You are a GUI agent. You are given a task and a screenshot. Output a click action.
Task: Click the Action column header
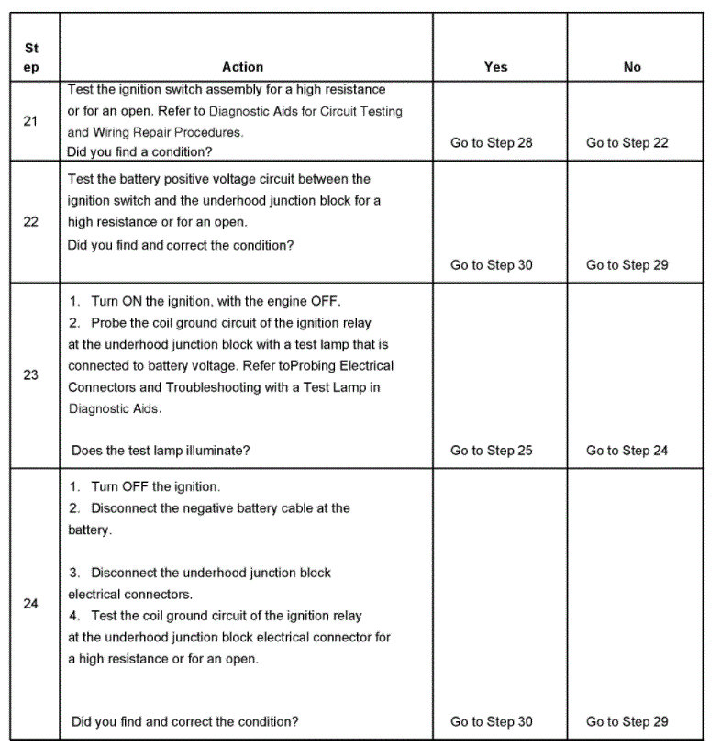(x=242, y=67)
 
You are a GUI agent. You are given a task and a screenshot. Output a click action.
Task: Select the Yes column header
(x=495, y=67)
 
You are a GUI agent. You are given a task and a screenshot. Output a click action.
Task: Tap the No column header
(x=632, y=67)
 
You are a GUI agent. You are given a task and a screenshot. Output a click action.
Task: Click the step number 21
(x=30, y=121)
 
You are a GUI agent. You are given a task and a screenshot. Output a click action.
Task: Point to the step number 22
(x=30, y=222)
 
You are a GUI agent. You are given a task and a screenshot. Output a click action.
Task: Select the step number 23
(x=30, y=375)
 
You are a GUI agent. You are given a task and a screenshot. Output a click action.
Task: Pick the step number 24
(x=30, y=604)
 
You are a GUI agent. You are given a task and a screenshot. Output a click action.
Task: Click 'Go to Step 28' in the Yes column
(x=491, y=143)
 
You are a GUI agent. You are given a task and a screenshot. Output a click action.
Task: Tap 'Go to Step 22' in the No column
(x=627, y=143)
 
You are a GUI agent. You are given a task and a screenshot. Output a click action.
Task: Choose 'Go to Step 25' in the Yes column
(x=491, y=451)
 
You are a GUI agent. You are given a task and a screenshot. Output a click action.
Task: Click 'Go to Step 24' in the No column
(x=627, y=451)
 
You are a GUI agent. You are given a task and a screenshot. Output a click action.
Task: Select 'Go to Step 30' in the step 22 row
(x=491, y=265)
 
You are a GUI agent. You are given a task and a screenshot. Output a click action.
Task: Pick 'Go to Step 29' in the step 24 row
(x=627, y=722)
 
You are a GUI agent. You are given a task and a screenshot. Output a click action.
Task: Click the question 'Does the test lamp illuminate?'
(x=161, y=451)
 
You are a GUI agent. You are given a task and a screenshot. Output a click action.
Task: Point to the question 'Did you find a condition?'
(x=139, y=151)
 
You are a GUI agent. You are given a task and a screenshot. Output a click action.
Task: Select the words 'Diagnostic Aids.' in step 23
(x=115, y=409)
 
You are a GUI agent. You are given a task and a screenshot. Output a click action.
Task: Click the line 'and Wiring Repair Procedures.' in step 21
(x=155, y=132)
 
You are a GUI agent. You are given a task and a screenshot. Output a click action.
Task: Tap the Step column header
(x=30, y=57)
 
